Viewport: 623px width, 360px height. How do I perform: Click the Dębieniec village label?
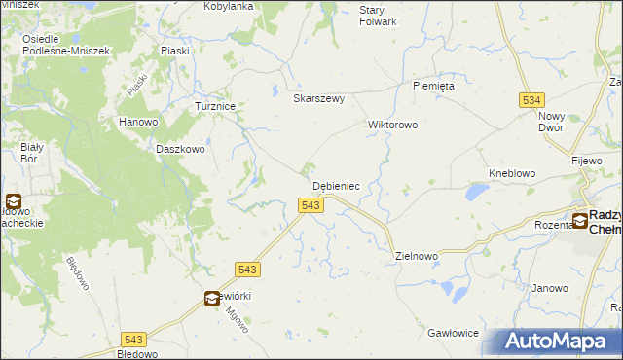336,185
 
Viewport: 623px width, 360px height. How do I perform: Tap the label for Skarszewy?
319,98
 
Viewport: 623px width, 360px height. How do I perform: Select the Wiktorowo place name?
392,126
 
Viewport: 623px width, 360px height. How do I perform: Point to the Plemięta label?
433,86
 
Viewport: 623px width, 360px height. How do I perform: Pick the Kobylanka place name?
228,6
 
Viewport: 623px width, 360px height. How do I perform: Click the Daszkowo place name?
180,150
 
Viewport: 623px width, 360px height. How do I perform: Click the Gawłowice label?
453,333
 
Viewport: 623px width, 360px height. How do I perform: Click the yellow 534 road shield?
531,100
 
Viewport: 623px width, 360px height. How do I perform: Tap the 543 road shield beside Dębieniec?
310,205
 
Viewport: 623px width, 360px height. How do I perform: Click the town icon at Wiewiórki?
211,300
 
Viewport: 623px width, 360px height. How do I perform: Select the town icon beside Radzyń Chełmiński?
580,221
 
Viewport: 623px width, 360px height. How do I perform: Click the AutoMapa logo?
561,341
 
